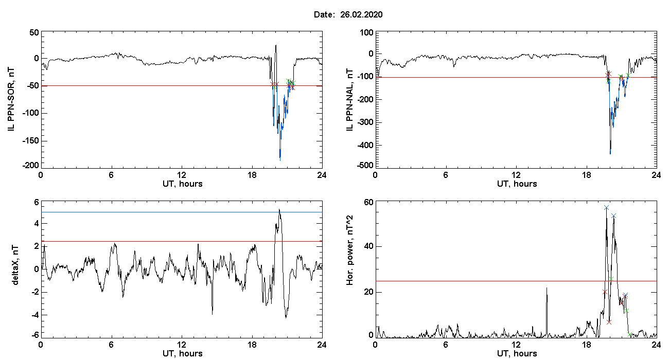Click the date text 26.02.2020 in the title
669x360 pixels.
pos(361,14)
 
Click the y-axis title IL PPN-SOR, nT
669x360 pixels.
pos(11,100)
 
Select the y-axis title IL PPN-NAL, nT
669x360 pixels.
pos(349,100)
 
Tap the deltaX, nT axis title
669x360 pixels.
pos(15,265)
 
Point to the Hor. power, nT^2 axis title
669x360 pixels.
pos(349,251)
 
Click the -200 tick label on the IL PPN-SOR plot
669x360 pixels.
pos(30,166)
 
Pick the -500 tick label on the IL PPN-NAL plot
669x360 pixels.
pos(365,166)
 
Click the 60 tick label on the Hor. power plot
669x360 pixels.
pos(368,203)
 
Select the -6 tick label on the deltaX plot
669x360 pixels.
pos(34,335)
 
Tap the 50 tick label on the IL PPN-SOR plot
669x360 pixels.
pos(34,32)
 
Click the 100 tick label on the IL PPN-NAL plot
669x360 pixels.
pos(366,32)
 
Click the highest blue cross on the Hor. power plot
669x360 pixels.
pos(606,207)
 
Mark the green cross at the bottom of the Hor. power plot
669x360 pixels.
pos(629,335)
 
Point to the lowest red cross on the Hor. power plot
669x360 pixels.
pos(609,322)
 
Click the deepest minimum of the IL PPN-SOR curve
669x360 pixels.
pos(280,160)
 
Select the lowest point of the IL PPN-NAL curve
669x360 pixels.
pos(610,154)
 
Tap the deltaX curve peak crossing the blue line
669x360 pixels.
pos(279,209)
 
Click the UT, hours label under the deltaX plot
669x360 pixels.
pos(183,354)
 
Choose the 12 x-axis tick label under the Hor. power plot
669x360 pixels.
pos(516,345)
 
